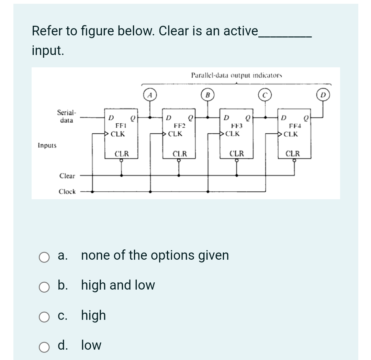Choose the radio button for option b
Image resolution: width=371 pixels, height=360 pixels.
pyautogui.click(x=44, y=286)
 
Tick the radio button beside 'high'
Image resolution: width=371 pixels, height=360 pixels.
pyautogui.click(x=44, y=316)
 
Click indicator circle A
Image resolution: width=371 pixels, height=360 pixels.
pyautogui.click(x=149, y=95)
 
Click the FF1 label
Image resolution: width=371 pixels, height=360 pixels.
pyautogui.click(x=120, y=126)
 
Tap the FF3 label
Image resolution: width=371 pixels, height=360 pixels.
pyautogui.click(x=237, y=126)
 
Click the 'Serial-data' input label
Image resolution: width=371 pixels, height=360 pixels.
pyautogui.click(x=67, y=116)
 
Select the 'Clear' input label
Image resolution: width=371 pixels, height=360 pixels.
pyautogui.click(x=67, y=176)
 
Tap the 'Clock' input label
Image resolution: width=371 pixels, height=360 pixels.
pyautogui.click(x=67, y=192)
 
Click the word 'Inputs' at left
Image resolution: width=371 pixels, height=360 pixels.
pyautogui.click(x=47, y=145)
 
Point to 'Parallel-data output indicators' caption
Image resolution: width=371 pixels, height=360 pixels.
pyautogui.click(x=237, y=75)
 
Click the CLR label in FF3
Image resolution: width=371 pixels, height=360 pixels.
pyautogui.click(x=237, y=154)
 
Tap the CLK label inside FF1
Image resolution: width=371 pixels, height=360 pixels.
pyautogui.click(x=118, y=134)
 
